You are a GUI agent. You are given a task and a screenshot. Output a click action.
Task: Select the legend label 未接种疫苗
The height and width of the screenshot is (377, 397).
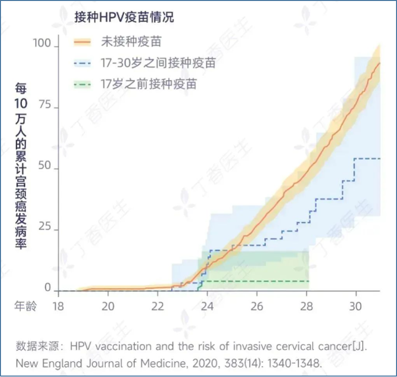pyautogui.click(x=131, y=42)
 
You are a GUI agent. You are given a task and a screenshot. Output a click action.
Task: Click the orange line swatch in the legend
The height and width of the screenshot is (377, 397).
pyautogui.click(x=83, y=42)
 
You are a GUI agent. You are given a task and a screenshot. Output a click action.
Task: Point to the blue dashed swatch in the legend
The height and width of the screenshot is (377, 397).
pyautogui.click(x=83, y=63)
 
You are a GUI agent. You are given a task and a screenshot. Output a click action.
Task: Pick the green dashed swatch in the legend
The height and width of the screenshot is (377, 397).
pyautogui.click(x=83, y=84)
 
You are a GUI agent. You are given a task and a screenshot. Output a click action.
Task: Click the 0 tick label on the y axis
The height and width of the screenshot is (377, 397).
pyautogui.click(x=48, y=288)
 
